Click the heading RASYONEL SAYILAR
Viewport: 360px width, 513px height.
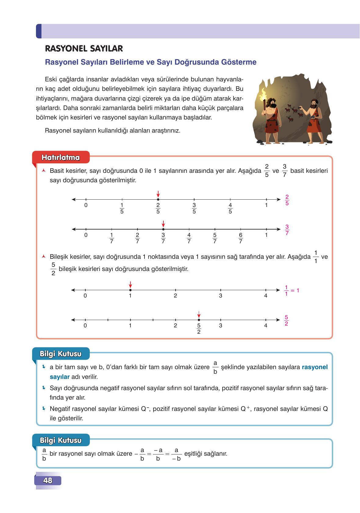84,49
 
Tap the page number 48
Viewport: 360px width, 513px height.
48,480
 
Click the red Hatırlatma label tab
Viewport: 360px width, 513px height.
61,158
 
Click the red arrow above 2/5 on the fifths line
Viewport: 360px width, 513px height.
158,194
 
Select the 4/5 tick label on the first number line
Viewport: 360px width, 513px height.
230,208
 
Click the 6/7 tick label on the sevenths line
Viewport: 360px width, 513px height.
241,238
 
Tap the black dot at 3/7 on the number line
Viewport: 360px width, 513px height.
163,229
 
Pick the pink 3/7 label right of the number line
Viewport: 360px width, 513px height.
287,230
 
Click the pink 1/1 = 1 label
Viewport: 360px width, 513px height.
291,290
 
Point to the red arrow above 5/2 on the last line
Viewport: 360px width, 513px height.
199,314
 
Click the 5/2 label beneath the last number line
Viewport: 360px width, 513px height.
199,329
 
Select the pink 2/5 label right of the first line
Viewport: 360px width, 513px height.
287,200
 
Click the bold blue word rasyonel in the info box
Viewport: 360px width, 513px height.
315,367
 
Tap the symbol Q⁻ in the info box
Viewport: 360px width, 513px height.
145,409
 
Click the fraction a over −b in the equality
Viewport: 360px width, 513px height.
176,454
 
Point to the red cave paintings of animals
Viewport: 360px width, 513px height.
292,113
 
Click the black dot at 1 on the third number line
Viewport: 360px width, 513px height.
130,290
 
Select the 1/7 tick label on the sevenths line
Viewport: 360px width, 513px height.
112,238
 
